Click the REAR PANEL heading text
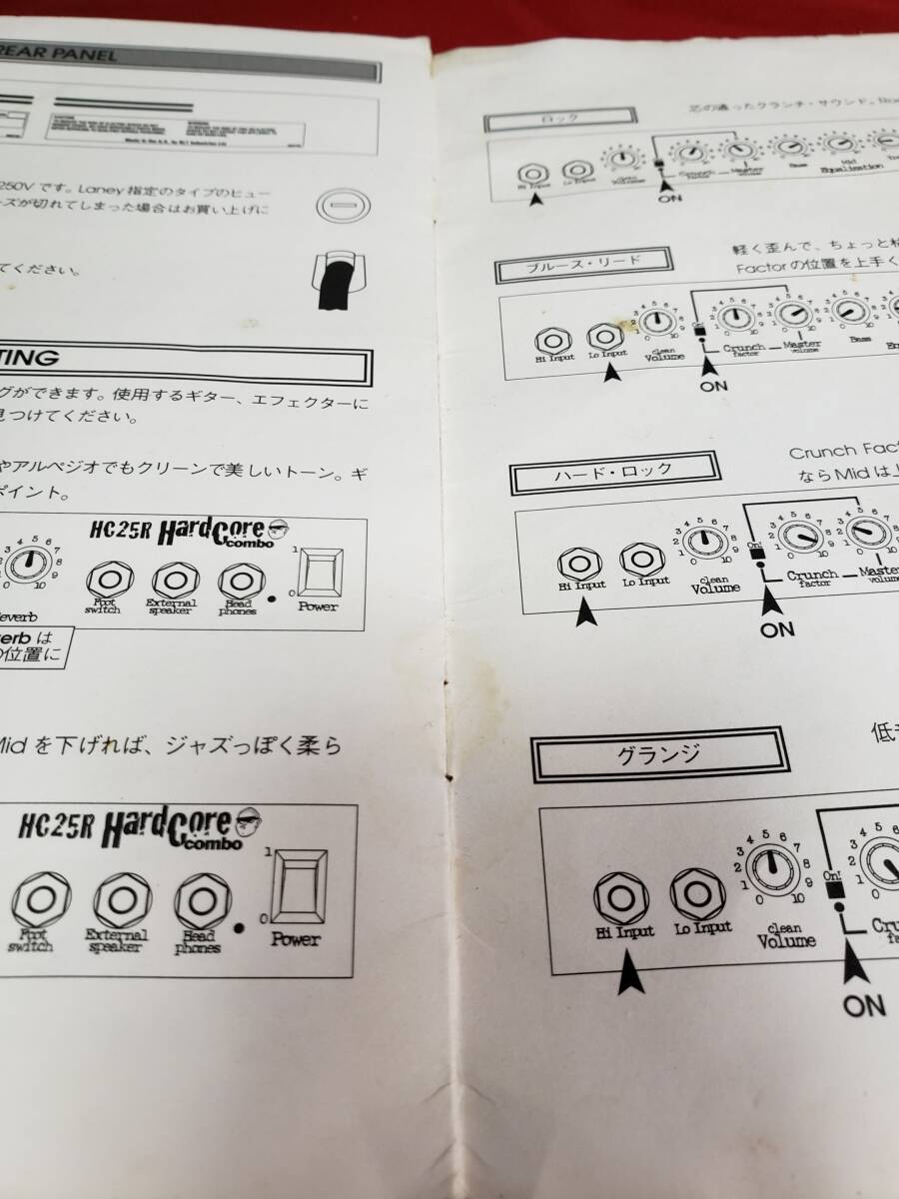click(60, 56)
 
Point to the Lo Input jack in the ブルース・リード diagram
click(604, 337)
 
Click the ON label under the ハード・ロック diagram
click(777, 629)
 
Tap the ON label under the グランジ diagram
click(864, 1005)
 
